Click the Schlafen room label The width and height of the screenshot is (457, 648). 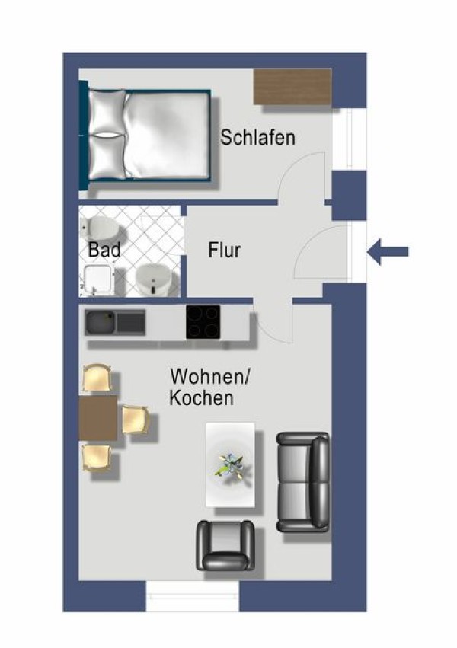[x=257, y=138]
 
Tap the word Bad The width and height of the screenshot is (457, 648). [x=104, y=249]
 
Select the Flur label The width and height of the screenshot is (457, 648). [x=224, y=250]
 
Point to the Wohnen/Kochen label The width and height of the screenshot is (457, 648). [x=209, y=387]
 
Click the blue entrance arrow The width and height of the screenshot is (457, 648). [x=388, y=251]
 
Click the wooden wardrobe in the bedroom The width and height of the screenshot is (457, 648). [x=292, y=87]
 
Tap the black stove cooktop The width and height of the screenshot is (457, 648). [x=203, y=321]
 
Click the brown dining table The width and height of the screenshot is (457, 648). [x=98, y=417]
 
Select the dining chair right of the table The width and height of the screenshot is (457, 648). [x=134, y=420]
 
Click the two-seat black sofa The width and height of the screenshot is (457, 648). [x=303, y=482]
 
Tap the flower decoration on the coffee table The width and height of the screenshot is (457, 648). [x=231, y=464]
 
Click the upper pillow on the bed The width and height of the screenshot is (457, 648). [x=107, y=112]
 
